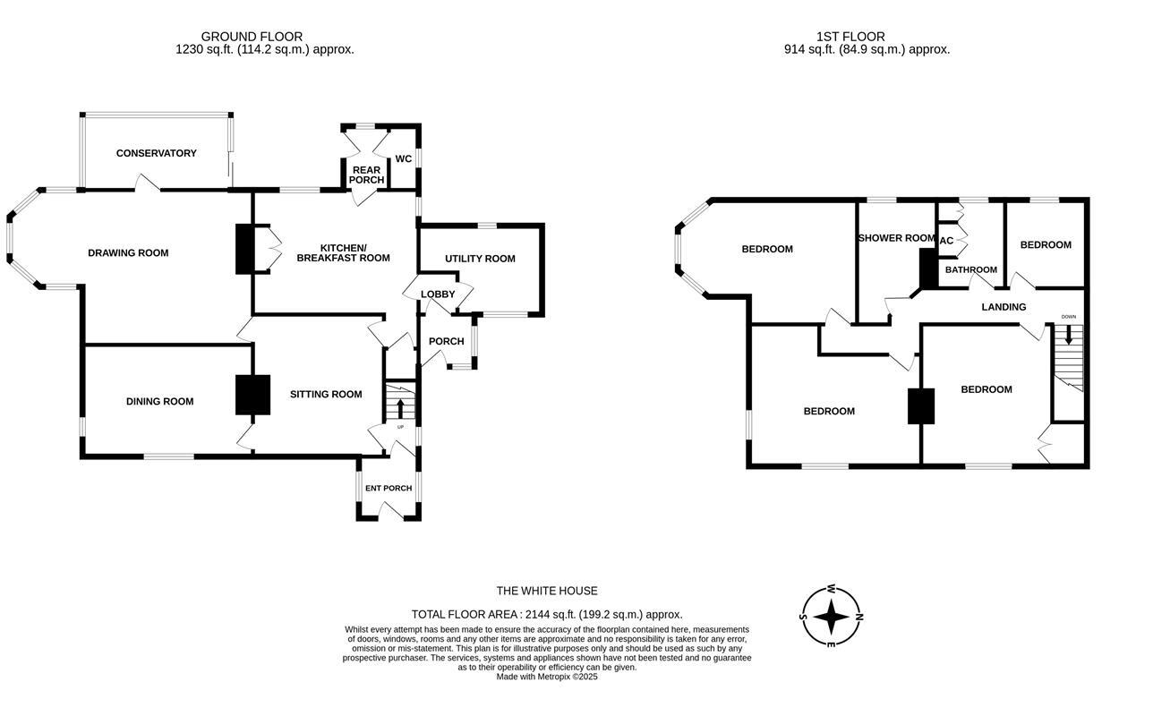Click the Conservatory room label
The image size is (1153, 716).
[156, 153]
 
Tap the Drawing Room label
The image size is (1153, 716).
[128, 252]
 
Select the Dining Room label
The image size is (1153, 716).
[159, 401]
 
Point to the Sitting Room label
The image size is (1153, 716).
[326, 394]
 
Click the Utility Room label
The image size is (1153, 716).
[480, 259]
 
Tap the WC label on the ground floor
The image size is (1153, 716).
[404, 158]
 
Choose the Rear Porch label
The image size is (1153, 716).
[366, 175]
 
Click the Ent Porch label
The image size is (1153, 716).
[389, 488]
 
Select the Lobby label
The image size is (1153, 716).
[438, 294]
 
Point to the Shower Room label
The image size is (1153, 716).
[896, 238]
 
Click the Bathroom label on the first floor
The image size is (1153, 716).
[971, 269]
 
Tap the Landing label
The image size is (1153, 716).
[1004, 307]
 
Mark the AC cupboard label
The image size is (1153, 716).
[946, 241]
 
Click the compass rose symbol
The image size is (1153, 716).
[831, 616]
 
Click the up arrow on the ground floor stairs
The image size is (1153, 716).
[400, 408]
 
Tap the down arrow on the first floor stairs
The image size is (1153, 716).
[1068, 334]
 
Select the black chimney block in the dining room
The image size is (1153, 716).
[252, 394]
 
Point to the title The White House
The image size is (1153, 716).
[547, 591]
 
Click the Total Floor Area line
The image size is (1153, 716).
[547, 614]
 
